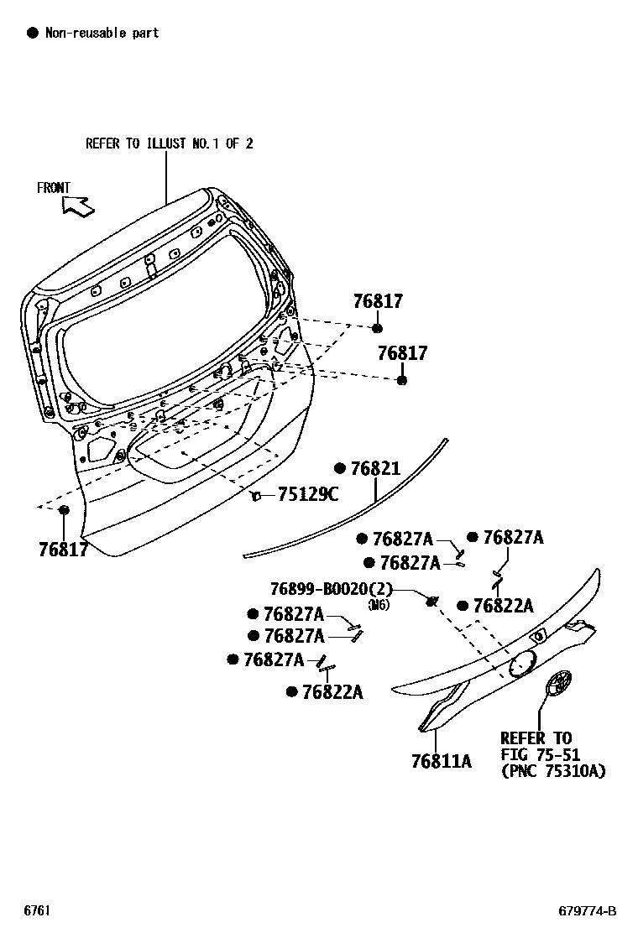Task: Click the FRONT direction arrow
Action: pyautogui.click(x=78, y=206)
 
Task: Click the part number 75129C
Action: pyautogui.click(x=308, y=494)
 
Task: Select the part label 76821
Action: pyautogui.click(x=375, y=469)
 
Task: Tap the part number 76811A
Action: pyautogui.click(x=441, y=761)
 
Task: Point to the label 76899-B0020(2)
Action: pyautogui.click(x=332, y=589)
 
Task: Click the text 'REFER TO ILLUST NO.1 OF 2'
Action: pyautogui.click(x=170, y=143)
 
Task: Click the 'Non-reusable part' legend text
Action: pyautogui.click(x=102, y=33)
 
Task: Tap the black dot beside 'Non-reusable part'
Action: pyautogui.click(x=33, y=33)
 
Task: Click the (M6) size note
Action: pyautogui.click(x=379, y=606)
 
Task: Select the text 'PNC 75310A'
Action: pyautogui.click(x=555, y=772)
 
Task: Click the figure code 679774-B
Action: pyautogui.click(x=588, y=911)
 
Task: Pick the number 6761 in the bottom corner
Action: pyautogui.click(x=36, y=910)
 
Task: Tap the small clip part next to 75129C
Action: pyautogui.click(x=257, y=495)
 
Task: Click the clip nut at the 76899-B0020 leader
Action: pyautogui.click(x=431, y=602)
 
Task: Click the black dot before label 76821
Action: pyautogui.click(x=340, y=469)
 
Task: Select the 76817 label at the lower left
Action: pyautogui.click(x=63, y=550)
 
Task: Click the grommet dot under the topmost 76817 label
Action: pyautogui.click(x=377, y=328)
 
